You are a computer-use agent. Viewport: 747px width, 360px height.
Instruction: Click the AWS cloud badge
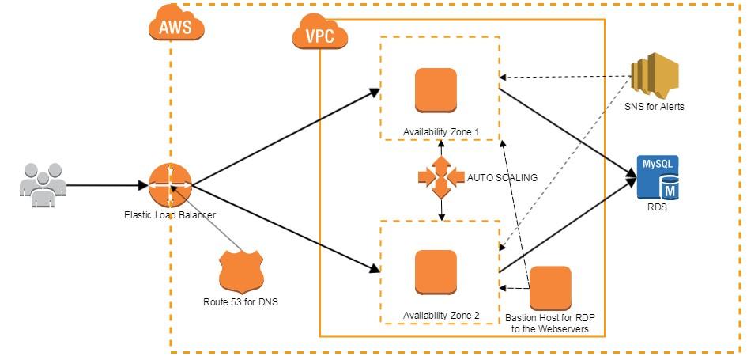click(x=175, y=25)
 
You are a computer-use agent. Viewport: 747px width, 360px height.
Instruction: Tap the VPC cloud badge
click(x=319, y=32)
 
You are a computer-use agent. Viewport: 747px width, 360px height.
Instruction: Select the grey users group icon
click(x=43, y=185)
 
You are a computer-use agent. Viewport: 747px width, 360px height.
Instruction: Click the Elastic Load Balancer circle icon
click(x=170, y=184)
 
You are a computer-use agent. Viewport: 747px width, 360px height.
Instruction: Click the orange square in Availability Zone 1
click(x=436, y=90)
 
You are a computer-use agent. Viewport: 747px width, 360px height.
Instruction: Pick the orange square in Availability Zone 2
click(x=436, y=272)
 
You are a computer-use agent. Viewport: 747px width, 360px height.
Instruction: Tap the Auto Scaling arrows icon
click(x=441, y=177)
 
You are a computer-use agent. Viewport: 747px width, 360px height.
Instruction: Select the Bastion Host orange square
click(x=550, y=288)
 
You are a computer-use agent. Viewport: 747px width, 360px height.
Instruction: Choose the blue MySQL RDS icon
click(x=658, y=177)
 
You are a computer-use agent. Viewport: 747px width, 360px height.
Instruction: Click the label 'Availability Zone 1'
click(x=441, y=132)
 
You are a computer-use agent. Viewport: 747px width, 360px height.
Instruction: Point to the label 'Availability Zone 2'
click(x=441, y=315)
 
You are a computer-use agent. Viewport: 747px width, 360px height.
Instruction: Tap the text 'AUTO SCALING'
click(x=502, y=178)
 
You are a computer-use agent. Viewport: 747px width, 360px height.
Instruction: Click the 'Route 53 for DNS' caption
click(x=240, y=301)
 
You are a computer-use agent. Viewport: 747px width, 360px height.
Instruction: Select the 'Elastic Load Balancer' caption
click(x=170, y=215)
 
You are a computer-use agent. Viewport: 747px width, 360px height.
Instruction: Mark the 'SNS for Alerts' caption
click(x=655, y=107)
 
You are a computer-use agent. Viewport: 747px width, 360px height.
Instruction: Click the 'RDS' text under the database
click(x=657, y=207)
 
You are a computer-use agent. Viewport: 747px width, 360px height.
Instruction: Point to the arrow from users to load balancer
click(x=108, y=185)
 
